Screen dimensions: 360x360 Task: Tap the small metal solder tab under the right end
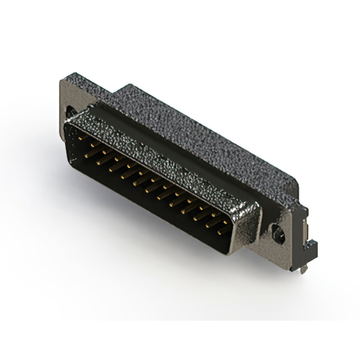click(x=304, y=269)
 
